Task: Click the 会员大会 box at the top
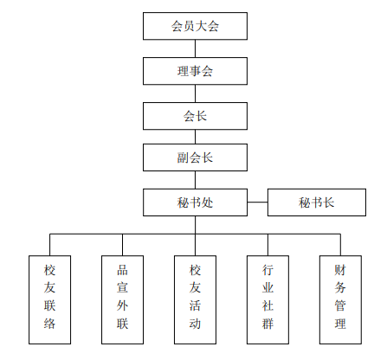click(195, 26)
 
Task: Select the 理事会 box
click(195, 71)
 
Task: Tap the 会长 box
click(195, 116)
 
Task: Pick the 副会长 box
click(195, 157)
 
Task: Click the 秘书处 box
click(195, 202)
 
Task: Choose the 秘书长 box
click(317, 202)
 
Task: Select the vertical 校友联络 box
click(49, 299)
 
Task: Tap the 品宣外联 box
click(122, 299)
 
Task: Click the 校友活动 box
click(195, 299)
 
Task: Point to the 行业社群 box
click(268, 299)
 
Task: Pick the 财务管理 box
click(340, 299)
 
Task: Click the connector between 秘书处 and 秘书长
click(257, 202)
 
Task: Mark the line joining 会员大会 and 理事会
click(195, 48)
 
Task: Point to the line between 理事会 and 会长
click(195, 93)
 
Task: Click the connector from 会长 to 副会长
click(195, 137)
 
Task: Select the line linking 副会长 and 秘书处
click(195, 180)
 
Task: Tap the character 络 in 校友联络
click(49, 324)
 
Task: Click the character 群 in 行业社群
click(268, 324)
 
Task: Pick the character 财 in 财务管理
click(340, 270)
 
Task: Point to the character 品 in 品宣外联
click(122, 270)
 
